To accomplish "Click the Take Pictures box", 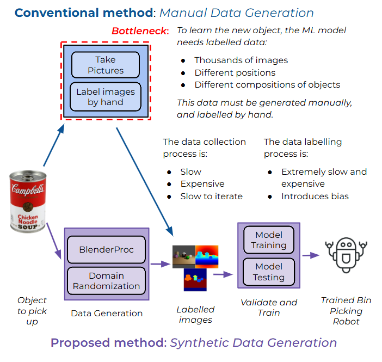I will click(x=105, y=65).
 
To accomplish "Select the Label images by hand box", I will click(x=105, y=96).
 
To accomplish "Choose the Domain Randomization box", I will click(x=106, y=280).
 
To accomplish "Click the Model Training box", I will click(x=269, y=240).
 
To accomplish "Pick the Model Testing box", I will click(x=269, y=272).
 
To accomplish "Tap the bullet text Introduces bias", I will click(x=315, y=196).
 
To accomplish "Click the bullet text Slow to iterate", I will click(x=211, y=196).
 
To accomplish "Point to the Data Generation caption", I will click(x=107, y=313).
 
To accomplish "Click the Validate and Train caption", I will click(x=269, y=307).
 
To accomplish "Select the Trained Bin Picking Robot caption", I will click(x=346, y=311).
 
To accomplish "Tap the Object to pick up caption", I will click(x=32, y=311).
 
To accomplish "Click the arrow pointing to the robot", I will click(x=311, y=255).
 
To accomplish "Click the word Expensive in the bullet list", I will click(x=202, y=184).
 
